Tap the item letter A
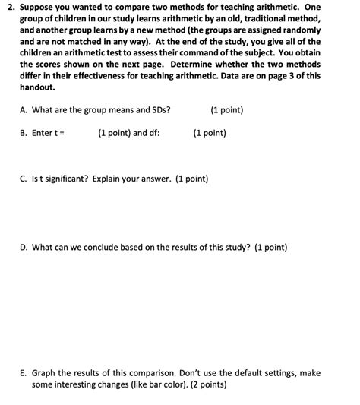23,110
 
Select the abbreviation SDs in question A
159,110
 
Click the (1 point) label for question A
226,110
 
